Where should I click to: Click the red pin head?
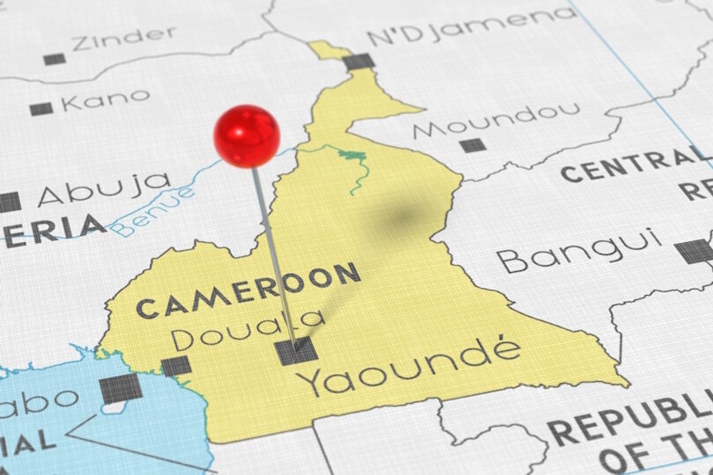click(247, 136)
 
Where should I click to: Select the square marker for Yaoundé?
click(297, 351)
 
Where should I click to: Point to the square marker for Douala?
click(176, 366)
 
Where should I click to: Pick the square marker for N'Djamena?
click(359, 61)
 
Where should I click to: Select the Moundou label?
click(497, 120)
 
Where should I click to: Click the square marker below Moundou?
click(472, 145)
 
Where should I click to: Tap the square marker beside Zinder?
click(54, 59)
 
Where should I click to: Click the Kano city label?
click(106, 100)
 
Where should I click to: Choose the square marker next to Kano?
click(41, 109)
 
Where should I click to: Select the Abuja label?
click(104, 188)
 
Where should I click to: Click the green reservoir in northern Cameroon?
click(352, 155)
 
